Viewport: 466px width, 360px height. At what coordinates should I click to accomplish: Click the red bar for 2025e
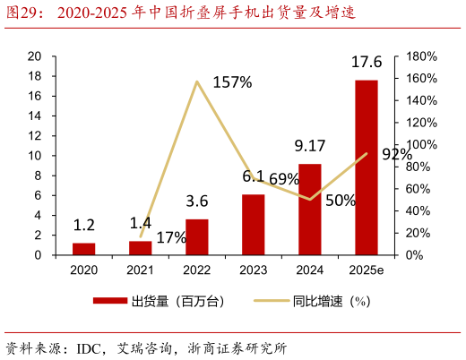pos(366,167)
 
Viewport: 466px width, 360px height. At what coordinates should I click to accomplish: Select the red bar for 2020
pos(83,249)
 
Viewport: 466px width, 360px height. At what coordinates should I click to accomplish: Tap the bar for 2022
pos(197,236)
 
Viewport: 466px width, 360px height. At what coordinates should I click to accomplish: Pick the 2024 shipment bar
pos(310,209)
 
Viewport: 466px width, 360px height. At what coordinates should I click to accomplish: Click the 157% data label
pos(232,82)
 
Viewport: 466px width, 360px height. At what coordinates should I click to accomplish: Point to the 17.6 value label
pos(366,63)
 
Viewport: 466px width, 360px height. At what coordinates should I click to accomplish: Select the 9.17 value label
pos(310,146)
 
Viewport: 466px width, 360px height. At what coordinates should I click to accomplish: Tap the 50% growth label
pos(341,201)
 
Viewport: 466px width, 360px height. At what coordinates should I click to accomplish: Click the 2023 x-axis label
pos(254,270)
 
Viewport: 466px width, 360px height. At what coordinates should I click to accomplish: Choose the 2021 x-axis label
pos(141,270)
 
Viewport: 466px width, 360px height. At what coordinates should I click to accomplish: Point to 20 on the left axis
pos(35,56)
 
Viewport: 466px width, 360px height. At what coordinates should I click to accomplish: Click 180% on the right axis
pos(419,56)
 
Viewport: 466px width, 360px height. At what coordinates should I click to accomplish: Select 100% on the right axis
pos(419,144)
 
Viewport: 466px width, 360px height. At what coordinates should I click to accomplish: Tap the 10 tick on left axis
pos(35,155)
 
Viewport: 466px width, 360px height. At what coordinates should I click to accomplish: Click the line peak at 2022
pos(197,81)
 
